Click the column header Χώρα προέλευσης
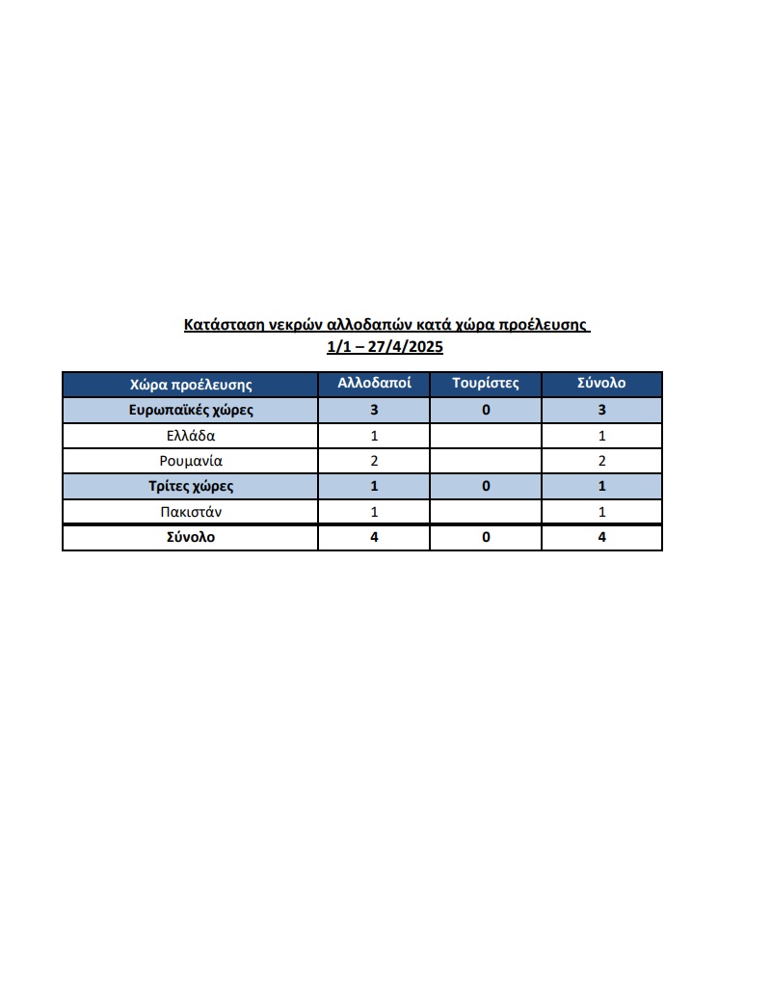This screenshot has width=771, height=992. click(x=191, y=384)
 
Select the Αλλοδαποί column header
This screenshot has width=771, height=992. click(x=375, y=383)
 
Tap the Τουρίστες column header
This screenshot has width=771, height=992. click(x=486, y=383)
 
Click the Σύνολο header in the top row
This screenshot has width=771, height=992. click(x=601, y=383)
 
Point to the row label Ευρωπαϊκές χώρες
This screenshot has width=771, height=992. click(x=191, y=410)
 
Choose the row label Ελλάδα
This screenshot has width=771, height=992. click(x=191, y=436)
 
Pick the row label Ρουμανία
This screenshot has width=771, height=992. click(x=191, y=461)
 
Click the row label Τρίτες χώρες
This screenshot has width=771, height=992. click(x=191, y=486)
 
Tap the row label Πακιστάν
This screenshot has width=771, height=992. click(x=191, y=512)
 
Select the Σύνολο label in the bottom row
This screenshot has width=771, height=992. click(x=191, y=538)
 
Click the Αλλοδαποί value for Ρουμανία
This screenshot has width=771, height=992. click(x=375, y=461)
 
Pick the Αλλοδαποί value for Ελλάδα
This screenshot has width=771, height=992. click(x=375, y=436)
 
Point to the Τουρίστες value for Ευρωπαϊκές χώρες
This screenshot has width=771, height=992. click(x=486, y=410)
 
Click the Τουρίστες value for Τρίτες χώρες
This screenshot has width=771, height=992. click(x=486, y=486)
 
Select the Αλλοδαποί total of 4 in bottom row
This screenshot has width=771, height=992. click(x=375, y=538)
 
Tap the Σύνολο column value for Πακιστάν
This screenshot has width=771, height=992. click(x=601, y=512)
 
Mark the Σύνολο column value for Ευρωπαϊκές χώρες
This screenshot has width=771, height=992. click(x=601, y=410)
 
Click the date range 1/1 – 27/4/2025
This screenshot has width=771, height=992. click(x=385, y=347)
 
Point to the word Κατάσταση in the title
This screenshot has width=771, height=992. click(x=220, y=325)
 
